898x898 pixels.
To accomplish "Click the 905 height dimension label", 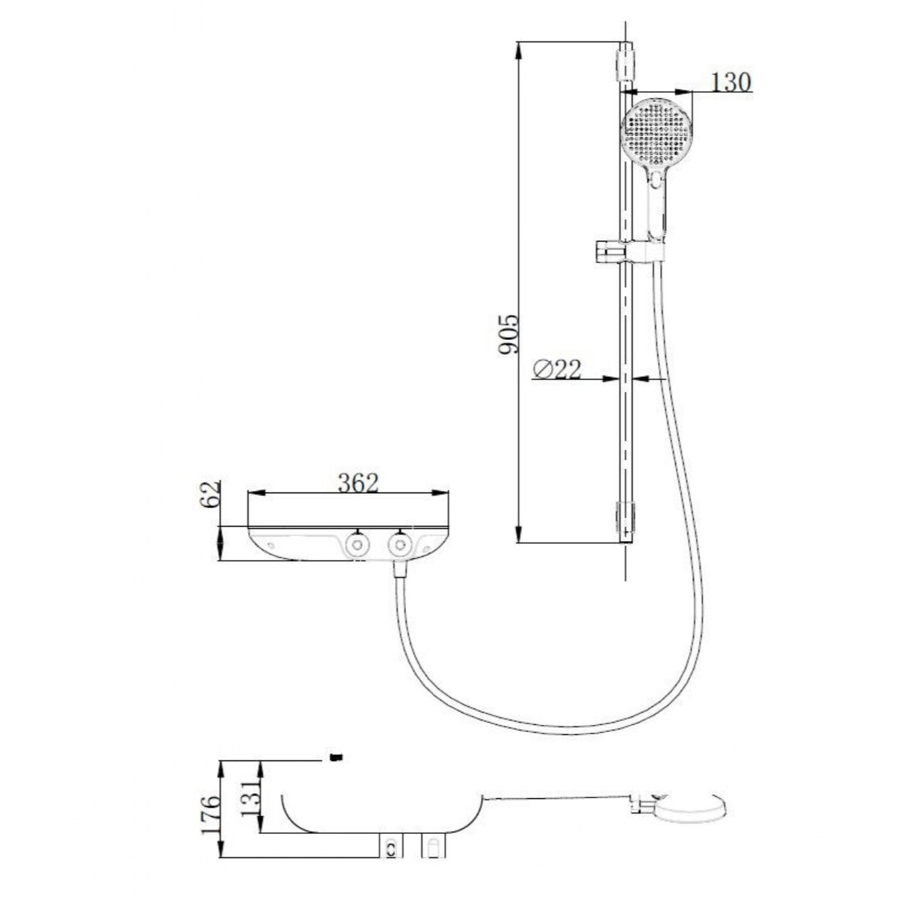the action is [x=507, y=334].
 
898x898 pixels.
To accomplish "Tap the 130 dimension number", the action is [x=731, y=83].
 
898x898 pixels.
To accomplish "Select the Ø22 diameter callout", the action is [x=557, y=370].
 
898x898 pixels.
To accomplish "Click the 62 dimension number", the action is [x=210, y=494].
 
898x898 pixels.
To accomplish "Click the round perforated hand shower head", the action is [x=656, y=133].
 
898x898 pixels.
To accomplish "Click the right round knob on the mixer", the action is [x=400, y=545].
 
